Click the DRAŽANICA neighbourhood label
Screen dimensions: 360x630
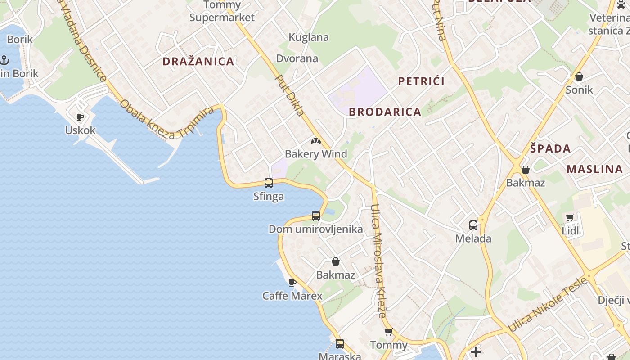[x=198, y=62]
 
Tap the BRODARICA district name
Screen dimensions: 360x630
[x=385, y=112]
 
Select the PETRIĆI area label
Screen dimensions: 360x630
[x=421, y=81]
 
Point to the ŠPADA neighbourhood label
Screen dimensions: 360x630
[x=550, y=148]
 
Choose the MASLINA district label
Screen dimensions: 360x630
[x=594, y=170]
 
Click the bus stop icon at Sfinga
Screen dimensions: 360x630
[x=269, y=183]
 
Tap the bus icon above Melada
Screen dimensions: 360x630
[x=473, y=225]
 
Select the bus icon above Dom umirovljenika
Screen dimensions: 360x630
[x=316, y=216]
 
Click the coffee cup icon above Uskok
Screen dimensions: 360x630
[x=80, y=117]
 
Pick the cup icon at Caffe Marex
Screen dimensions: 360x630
[x=292, y=283]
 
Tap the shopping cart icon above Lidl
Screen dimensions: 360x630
[x=570, y=218]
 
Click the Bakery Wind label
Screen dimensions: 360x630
[x=316, y=154]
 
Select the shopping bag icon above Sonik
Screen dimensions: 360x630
[x=579, y=76]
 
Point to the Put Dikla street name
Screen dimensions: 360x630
[x=290, y=95]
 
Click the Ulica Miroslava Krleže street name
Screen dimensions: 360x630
[x=378, y=261]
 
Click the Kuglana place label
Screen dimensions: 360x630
[x=309, y=37]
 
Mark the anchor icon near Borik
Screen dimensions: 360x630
[x=4, y=60]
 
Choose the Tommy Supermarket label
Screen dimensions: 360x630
[x=222, y=11]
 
